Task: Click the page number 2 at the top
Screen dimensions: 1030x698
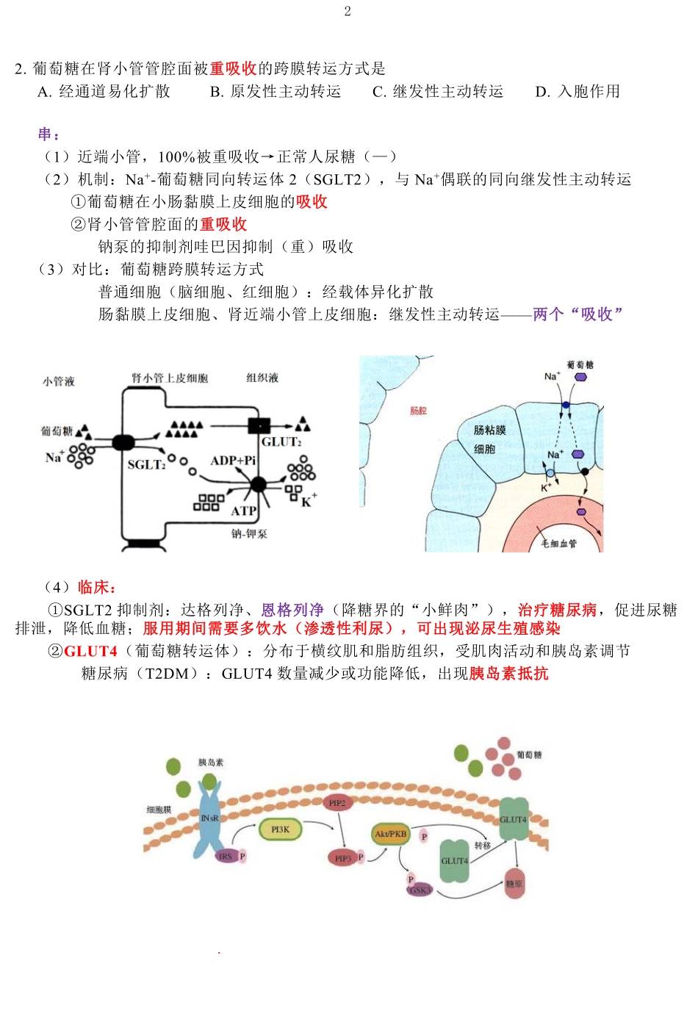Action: click(x=348, y=11)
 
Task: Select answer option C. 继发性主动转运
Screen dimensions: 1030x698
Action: click(x=438, y=92)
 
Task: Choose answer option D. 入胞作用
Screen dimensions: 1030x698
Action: click(x=578, y=92)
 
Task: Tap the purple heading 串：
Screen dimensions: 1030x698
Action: click(x=49, y=134)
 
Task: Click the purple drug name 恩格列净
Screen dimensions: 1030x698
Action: click(x=292, y=611)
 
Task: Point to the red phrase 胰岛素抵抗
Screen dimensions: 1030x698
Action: click(x=508, y=674)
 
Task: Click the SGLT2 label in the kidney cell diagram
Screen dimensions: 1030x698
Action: click(x=146, y=465)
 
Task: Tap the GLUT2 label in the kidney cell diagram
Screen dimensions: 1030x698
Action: click(x=281, y=442)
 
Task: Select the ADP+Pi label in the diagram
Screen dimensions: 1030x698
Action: click(x=233, y=461)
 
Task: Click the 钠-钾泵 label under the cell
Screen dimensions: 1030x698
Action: click(x=249, y=534)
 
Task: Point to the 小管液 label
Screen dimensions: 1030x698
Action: click(x=58, y=381)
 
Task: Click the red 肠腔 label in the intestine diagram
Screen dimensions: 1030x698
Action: click(x=418, y=411)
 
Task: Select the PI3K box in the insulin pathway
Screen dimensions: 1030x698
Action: click(x=280, y=829)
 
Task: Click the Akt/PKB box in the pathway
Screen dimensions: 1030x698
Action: click(x=390, y=834)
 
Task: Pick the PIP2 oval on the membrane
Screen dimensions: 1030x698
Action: click(x=337, y=803)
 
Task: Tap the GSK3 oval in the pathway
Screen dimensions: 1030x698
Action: click(x=419, y=890)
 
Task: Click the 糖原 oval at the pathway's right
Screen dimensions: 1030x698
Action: click(x=514, y=884)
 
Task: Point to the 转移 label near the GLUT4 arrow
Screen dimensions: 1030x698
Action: click(x=482, y=846)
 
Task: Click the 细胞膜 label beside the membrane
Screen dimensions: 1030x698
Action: click(x=159, y=810)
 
